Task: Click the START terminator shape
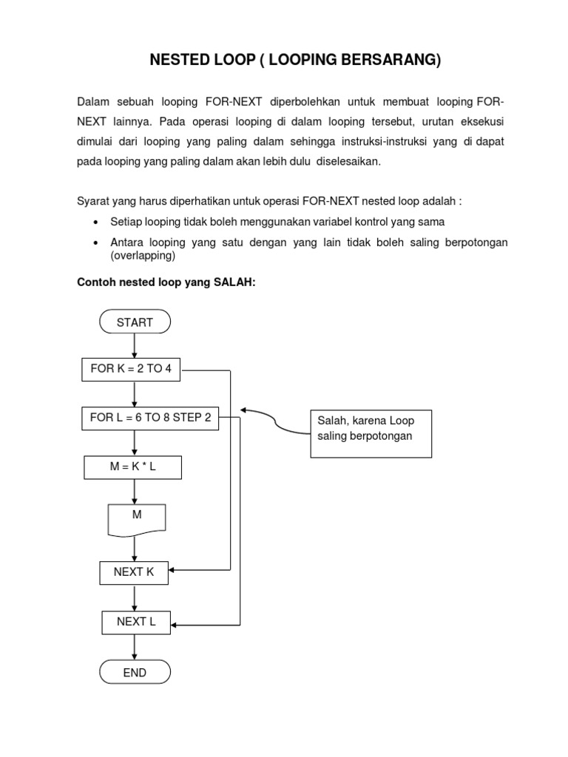pos(135,322)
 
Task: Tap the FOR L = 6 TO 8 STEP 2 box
pos(150,418)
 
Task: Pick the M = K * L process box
pos(135,467)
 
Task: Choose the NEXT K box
pos(135,572)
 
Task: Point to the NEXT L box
pos(136,622)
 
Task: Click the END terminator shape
pos(135,673)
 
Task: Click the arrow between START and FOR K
pos(135,346)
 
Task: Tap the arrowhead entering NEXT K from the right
pos(175,571)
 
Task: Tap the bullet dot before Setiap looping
pos(97,223)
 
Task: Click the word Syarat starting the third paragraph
pos(93,201)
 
